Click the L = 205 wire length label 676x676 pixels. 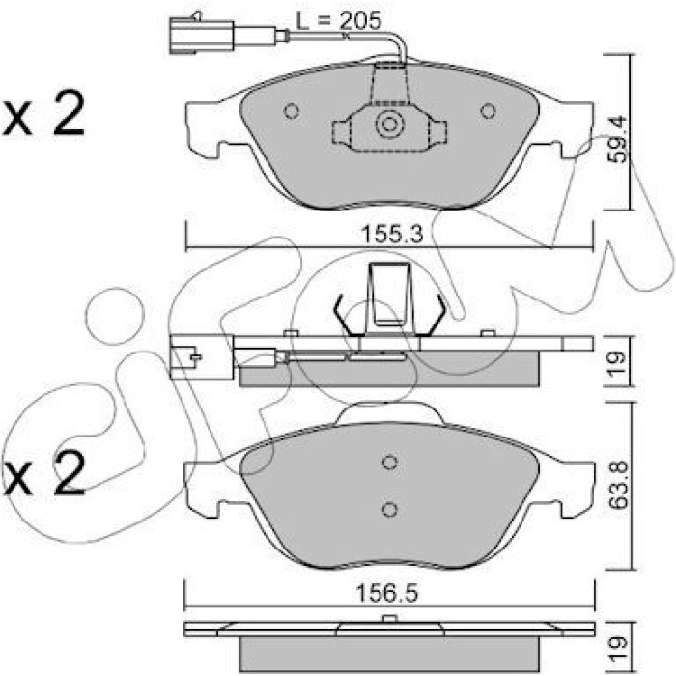339,20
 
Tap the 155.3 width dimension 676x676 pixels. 392,235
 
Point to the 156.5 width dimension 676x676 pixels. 386,594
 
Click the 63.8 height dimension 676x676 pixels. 618,486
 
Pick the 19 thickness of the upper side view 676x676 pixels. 617,363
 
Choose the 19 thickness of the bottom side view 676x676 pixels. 617,647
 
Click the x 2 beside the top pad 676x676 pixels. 43,113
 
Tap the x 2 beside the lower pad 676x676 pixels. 43,473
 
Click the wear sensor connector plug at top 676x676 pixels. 201,36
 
